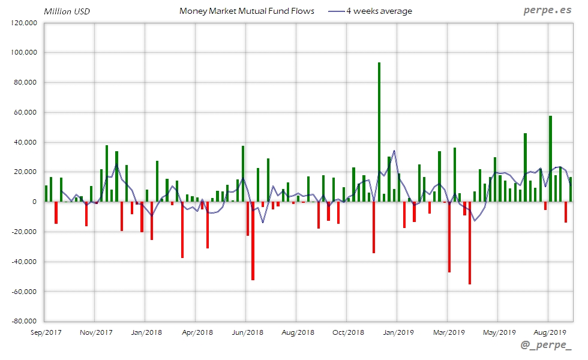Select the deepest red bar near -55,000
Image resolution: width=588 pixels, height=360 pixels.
(470, 243)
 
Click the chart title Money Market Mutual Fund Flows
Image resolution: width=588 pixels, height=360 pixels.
(247, 11)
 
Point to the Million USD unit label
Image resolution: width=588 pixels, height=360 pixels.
(67, 11)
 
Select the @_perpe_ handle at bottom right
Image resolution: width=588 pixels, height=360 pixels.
(547, 344)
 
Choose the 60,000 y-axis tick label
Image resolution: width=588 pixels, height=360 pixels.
(27, 112)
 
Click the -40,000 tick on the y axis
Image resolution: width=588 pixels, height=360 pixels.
(25, 262)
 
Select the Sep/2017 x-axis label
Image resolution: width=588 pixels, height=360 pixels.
(46, 332)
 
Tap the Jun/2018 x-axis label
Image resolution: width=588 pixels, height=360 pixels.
(247, 332)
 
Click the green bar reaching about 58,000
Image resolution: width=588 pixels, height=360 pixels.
(550, 158)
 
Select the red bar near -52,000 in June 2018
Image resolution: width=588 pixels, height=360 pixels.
(253, 241)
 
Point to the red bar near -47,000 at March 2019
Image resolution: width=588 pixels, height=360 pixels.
(449, 237)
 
